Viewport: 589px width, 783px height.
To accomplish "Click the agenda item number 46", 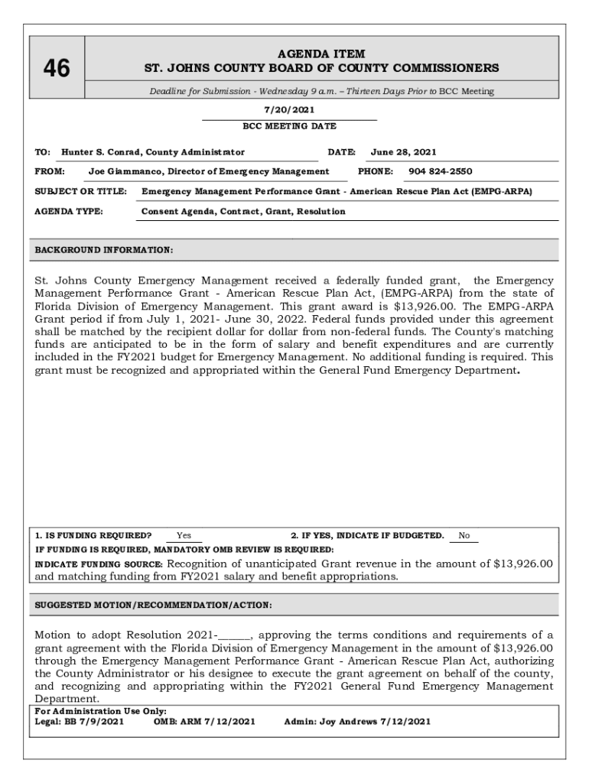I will pos(56,69).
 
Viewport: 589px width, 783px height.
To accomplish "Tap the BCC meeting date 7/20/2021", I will pos(289,110).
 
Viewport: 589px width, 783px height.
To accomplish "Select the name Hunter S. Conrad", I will pos(102,152).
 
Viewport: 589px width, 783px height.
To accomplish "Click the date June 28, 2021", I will pos(404,152).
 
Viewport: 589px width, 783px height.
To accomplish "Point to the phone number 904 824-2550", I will pos(440,171).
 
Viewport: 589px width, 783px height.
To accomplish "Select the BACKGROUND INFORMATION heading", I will pos(104,249).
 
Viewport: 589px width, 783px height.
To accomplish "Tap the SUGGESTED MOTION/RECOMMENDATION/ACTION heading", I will pos(154,605).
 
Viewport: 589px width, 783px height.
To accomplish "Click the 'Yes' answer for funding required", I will pos(184,536).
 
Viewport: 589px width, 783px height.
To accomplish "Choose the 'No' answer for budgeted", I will pos(464,536).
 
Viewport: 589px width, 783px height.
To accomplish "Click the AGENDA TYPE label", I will pos(70,211).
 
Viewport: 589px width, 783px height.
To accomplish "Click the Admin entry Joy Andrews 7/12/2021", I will pos(357,721).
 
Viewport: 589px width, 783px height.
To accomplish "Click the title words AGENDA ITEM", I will pos(321,54).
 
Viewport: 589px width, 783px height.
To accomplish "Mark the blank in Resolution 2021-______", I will pos(234,635).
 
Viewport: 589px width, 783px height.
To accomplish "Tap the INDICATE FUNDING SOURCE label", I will pos(99,564).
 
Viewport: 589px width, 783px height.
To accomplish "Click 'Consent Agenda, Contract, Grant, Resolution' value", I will pos(243,211).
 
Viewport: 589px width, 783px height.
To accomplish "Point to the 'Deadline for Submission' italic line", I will pos(321,92).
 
